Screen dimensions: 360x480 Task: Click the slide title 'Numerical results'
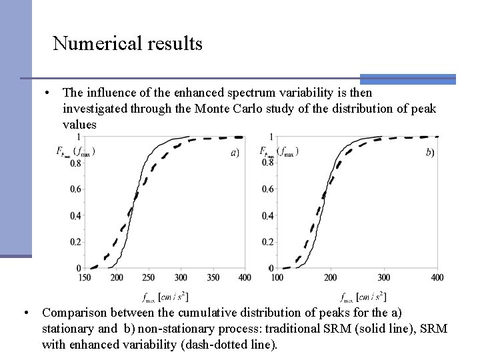[127, 44]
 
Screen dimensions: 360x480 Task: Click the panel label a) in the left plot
[235, 153]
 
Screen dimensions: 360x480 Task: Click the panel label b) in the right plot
[430, 153]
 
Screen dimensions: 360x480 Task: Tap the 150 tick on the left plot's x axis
[85, 277]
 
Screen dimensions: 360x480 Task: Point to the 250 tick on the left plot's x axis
[149, 277]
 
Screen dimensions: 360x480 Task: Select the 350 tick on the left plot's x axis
[213, 277]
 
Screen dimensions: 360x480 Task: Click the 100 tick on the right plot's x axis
[277, 277]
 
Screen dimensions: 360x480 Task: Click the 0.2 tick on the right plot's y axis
[265, 242]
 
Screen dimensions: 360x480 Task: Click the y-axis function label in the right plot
[278, 151]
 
